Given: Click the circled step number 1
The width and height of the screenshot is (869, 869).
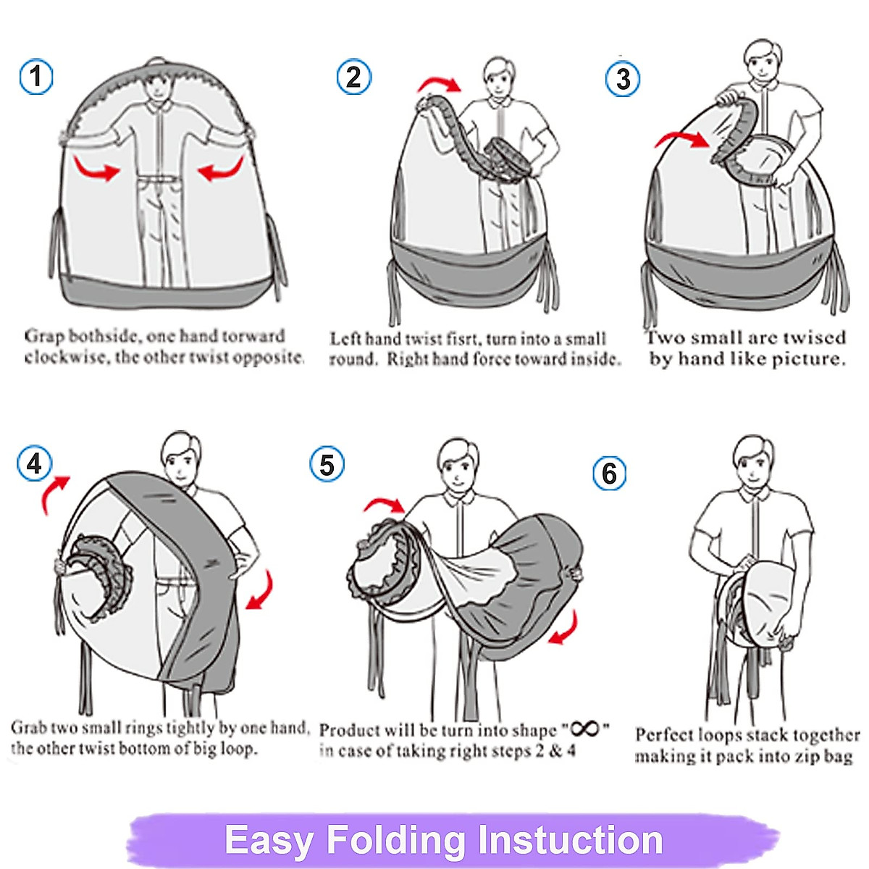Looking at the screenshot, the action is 36,77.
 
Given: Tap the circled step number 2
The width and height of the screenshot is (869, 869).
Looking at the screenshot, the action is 354,77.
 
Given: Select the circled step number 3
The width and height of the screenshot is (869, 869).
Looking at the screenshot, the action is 622,79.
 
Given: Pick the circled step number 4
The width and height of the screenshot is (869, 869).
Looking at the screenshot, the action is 35,463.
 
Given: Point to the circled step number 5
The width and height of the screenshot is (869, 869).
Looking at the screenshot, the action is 327,464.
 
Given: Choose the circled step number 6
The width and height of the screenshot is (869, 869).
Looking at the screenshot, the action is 609,474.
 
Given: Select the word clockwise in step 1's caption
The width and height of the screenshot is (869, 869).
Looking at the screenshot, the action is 66,358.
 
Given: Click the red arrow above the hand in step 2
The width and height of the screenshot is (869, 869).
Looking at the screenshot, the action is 440,84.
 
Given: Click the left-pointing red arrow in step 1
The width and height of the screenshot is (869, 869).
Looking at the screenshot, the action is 219,169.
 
